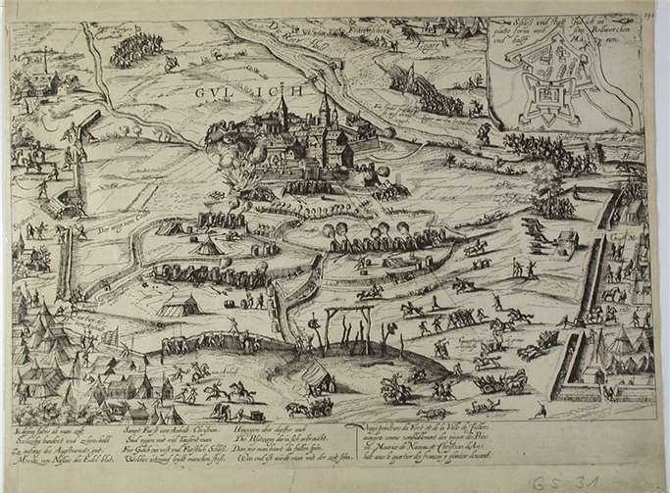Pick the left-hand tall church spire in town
[x=283, y=107]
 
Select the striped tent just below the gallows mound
[x=315, y=372]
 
